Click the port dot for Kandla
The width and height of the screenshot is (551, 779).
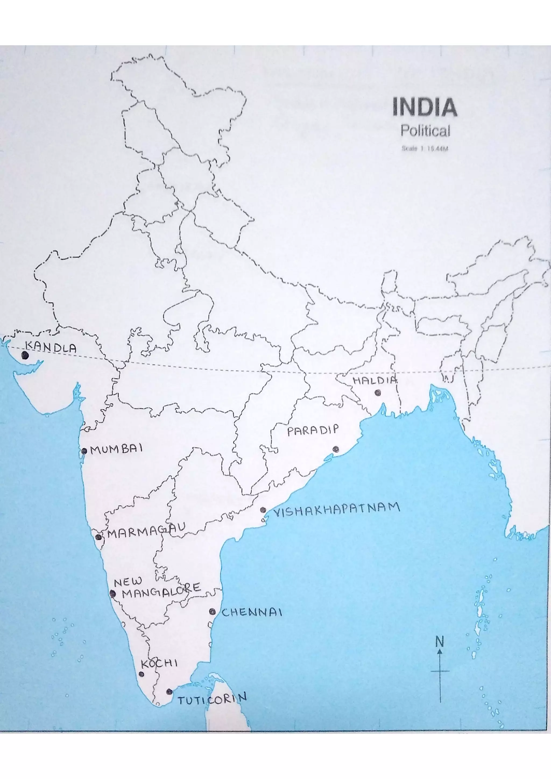pos(25,355)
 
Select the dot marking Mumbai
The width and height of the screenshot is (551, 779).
pos(84,451)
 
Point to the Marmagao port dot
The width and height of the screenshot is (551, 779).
pos(98,537)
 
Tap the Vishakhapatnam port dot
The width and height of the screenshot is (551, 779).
pos(263,519)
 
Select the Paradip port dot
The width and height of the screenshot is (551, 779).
pos(336,449)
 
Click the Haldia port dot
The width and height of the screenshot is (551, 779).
pos(377,393)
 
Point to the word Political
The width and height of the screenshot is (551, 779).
pos(425,131)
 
